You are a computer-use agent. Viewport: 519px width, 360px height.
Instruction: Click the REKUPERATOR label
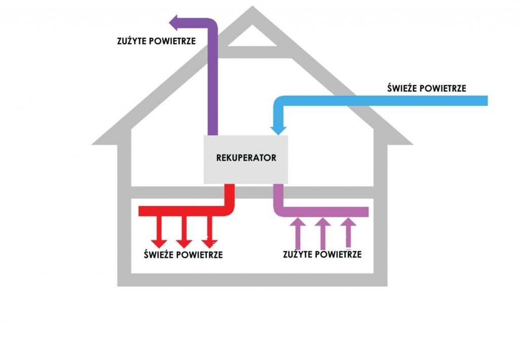point(246,158)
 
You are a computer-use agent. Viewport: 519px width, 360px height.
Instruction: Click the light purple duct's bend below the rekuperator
point(280,207)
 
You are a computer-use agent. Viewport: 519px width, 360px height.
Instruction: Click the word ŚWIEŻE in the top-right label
point(400,88)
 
